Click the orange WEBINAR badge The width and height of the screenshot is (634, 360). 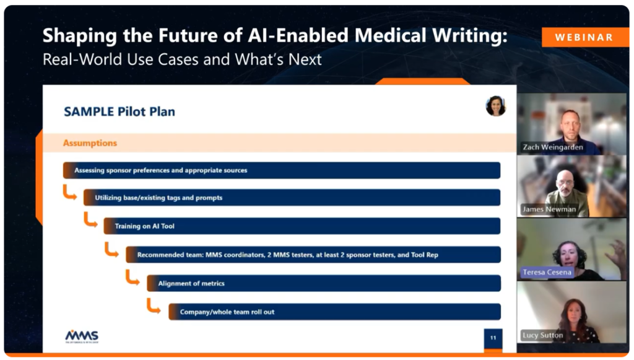pos(585,37)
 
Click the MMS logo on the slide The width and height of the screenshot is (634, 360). pos(82,336)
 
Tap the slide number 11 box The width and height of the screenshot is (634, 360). pos(493,338)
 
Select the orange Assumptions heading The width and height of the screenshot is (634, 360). pos(90,143)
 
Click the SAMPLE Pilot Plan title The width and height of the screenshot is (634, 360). pos(119,112)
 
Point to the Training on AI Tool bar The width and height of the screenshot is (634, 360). pos(302,226)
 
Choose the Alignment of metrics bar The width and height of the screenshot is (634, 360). pos(323,283)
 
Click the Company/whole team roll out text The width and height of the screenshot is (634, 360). pos(227,312)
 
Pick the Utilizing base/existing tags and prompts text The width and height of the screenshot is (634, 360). pos(158,198)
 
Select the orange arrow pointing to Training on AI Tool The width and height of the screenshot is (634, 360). pos(90,219)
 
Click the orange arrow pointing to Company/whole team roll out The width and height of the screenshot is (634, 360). pos(154,306)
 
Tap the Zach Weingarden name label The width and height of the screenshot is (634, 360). pos(553,147)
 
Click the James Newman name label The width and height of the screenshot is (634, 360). pos(549,209)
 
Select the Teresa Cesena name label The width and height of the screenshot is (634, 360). pos(547,272)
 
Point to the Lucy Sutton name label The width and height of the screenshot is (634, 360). pos(542,335)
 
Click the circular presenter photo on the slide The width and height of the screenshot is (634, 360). pos(496,106)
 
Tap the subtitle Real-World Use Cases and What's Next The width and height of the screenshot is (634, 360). pos(182,59)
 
